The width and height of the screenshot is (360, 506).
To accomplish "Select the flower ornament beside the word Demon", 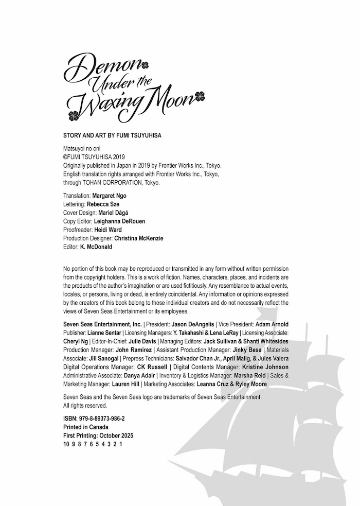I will pos(145,65).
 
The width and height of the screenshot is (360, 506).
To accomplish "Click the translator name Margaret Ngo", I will pos(109,196).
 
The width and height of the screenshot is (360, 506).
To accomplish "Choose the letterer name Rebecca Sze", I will pos(103,204).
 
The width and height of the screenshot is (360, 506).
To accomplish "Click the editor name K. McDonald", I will pos(96,247).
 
